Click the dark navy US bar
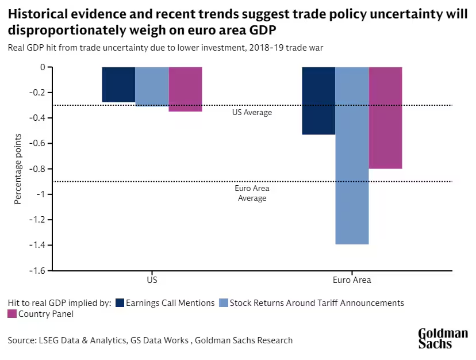118,85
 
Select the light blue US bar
152,87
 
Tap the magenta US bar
186,89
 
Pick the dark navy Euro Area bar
318,101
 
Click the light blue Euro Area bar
352,156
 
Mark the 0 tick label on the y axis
42,67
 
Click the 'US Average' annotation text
252,113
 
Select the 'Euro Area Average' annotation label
252,193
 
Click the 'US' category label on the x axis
152,281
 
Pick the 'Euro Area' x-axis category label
352,281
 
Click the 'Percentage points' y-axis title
18,168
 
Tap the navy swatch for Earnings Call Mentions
120,303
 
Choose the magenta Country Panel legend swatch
12,314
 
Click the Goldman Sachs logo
443,339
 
